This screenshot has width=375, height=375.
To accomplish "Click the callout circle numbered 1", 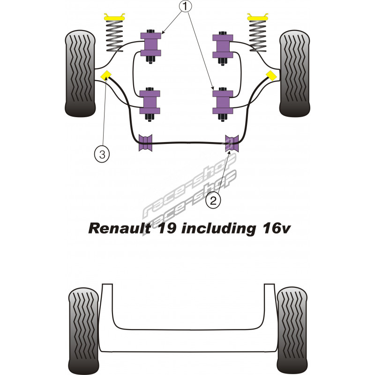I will coord(186,7).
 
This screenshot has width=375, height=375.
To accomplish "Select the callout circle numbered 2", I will coord(213,201).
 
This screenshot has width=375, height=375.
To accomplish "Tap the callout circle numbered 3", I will coord(102,153).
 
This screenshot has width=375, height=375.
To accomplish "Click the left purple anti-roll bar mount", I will coord(146,143).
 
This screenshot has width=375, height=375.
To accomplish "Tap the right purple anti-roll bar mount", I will coord(232,143).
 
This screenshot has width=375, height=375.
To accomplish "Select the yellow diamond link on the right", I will coord(271,75).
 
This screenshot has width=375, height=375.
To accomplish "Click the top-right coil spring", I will coord(257,37).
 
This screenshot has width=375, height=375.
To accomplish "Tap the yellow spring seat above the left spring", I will coord(112,18).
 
